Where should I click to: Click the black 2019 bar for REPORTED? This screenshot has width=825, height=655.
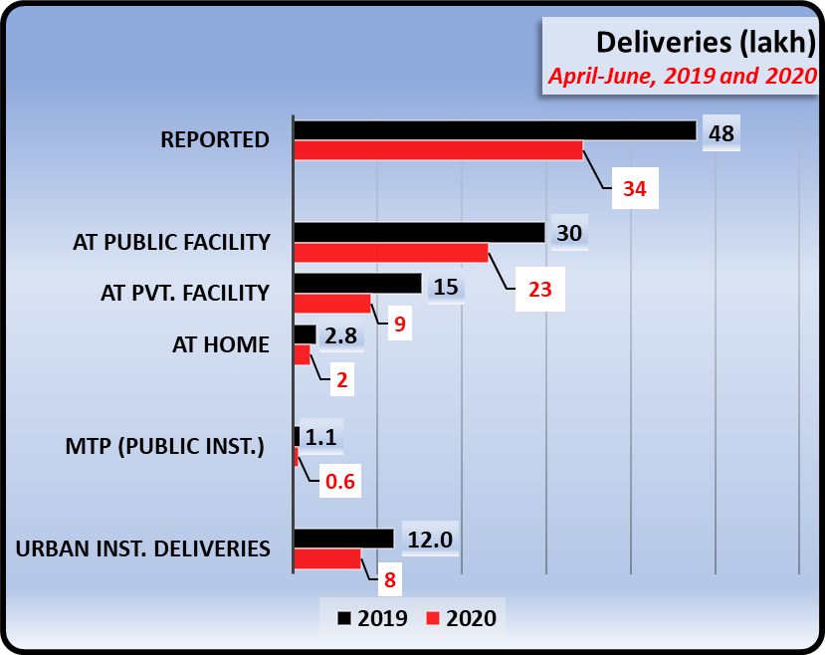pos(495,130)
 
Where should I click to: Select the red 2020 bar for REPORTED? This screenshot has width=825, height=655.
pos(438,150)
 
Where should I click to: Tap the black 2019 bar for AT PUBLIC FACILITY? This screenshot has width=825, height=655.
pos(419,232)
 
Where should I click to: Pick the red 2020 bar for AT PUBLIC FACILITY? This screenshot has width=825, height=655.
pos(391,253)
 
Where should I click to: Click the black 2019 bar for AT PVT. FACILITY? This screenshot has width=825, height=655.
pos(357,284)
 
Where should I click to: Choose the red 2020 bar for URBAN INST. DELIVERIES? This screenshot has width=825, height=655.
pos(327,559)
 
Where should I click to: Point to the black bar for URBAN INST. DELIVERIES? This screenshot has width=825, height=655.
pos(343,539)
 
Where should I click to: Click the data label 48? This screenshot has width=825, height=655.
pos(722,133)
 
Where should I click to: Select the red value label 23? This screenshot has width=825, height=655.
pos(540,290)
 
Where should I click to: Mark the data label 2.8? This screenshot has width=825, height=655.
pos(340,336)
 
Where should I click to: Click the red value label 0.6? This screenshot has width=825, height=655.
pos(339,482)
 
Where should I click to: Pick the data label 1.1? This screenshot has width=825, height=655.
pos(320,437)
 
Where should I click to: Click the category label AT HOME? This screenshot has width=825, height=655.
pos(221,344)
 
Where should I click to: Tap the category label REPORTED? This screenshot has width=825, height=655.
pos(215,139)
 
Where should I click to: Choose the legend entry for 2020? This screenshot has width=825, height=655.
pos(461,618)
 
